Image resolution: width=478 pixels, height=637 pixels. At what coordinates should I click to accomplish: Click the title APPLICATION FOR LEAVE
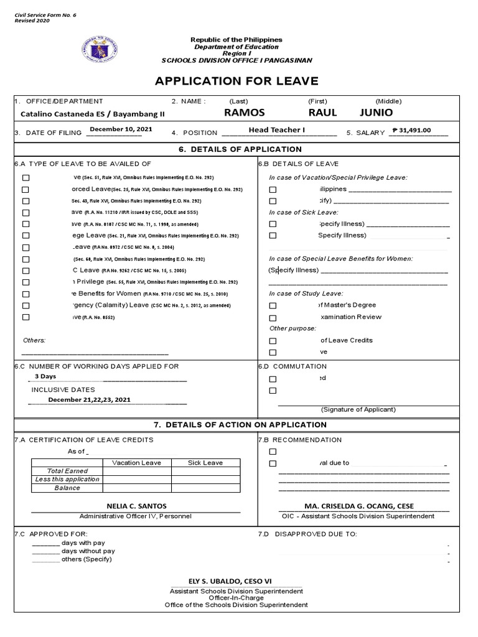point(237,81)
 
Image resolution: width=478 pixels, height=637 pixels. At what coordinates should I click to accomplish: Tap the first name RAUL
point(322,113)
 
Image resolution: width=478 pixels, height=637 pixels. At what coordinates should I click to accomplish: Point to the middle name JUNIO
point(377,113)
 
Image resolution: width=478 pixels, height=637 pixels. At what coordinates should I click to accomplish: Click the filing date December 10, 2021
point(120,129)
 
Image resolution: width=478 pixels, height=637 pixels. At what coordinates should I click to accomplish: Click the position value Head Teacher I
point(277,130)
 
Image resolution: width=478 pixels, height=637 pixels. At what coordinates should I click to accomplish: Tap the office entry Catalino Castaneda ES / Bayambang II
point(84,114)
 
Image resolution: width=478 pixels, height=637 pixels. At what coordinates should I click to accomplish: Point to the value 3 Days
point(45,376)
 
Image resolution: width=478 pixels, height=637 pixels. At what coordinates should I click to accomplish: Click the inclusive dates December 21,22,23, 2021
point(90,400)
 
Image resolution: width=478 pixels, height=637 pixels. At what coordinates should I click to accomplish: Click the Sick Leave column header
point(205,463)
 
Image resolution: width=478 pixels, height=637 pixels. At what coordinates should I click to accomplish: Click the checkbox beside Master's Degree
point(273,305)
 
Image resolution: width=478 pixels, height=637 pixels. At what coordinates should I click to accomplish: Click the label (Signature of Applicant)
point(358,409)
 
